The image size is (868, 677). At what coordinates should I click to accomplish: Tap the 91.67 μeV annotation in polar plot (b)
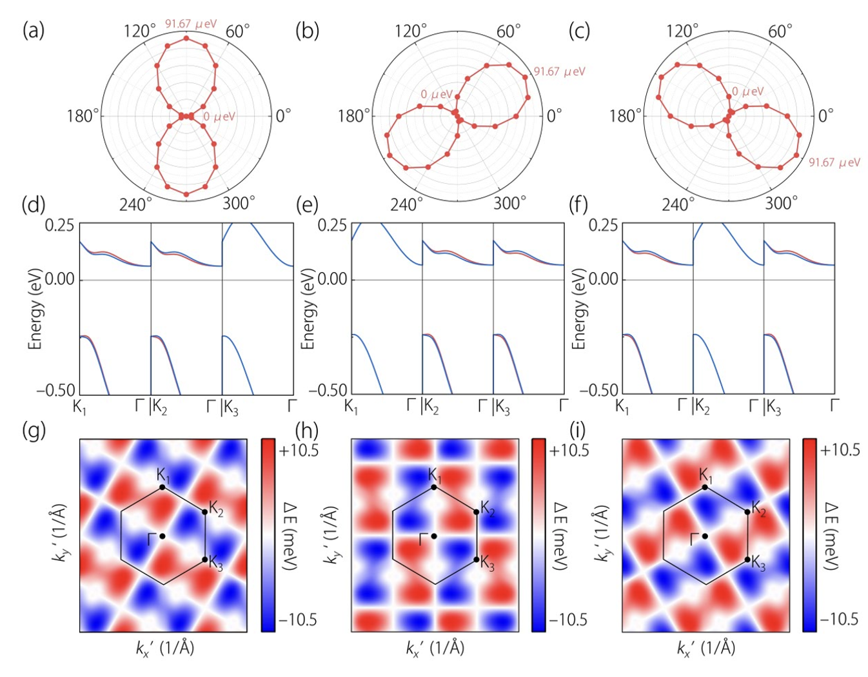tap(560, 72)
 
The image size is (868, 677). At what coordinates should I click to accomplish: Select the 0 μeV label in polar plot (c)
tap(747, 92)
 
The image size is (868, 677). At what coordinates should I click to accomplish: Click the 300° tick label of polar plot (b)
tap(509, 204)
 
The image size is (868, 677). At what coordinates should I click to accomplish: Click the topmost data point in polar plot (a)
tap(186, 38)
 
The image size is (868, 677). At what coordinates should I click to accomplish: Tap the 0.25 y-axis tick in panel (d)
tap(59, 226)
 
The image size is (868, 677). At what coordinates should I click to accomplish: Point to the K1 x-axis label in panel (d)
tap(79, 407)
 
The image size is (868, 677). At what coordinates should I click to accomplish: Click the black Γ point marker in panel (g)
tap(162, 536)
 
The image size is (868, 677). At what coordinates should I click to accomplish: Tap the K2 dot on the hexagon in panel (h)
tap(476, 512)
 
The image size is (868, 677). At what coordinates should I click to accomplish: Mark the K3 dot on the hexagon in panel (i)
tap(747, 560)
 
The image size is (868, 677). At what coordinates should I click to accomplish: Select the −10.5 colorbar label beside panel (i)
tap(839, 620)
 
